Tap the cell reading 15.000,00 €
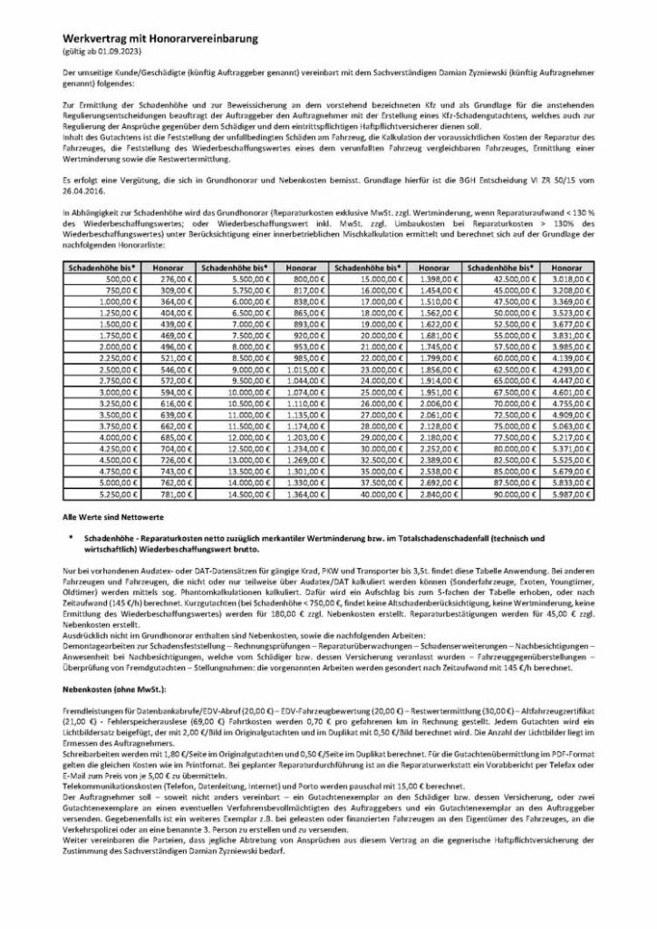click(366, 281)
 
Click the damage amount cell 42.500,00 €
click(498, 281)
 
